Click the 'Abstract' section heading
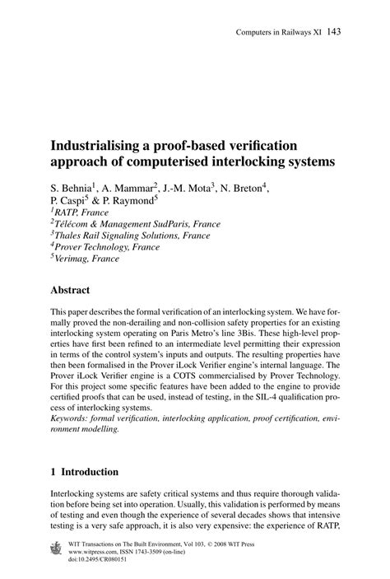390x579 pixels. click(76, 290)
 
